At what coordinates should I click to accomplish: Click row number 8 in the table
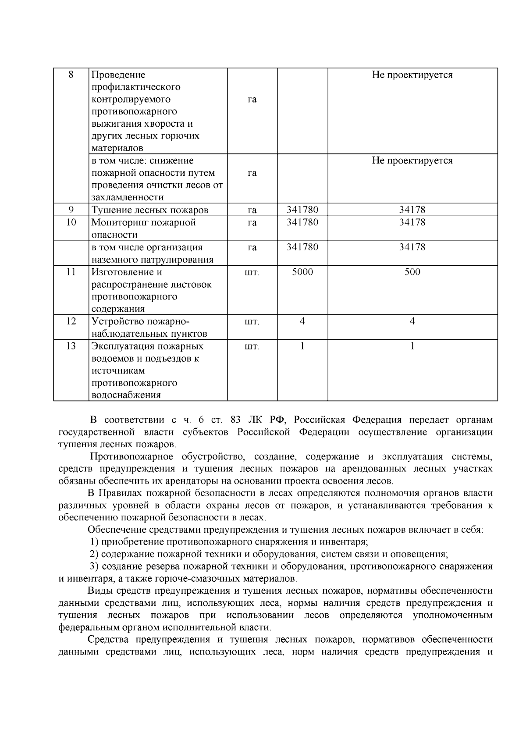tap(71, 75)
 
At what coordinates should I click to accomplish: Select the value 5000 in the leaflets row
tap(302, 272)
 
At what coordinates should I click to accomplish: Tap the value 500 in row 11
tap(412, 272)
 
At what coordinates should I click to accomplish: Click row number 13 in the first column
tap(71, 346)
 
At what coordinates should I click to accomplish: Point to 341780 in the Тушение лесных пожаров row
tap(302, 210)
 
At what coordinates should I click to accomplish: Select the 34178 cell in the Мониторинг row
tap(412, 222)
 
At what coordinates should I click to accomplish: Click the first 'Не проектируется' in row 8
tap(412, 75)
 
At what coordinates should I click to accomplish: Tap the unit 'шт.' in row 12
tap(252, 322)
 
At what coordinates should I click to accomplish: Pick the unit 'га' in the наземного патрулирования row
tap(252, 247)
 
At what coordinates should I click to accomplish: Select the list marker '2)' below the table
tap(94, 554)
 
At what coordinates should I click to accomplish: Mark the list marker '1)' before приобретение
tap(94, 542)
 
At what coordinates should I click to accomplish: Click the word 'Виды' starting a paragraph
tap(97, 591)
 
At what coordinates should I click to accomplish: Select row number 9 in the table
tap(71, 210)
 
